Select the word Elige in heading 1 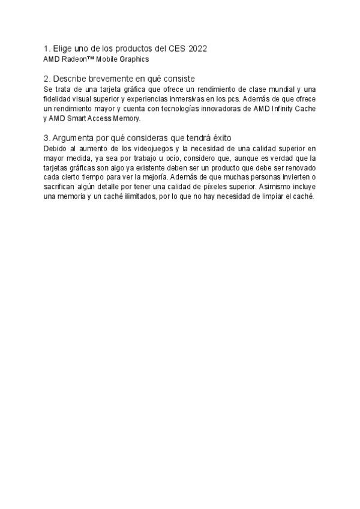[63, 49]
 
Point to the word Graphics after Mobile [135, 59]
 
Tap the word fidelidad [57, 99]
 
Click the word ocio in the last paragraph [157, 158]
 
